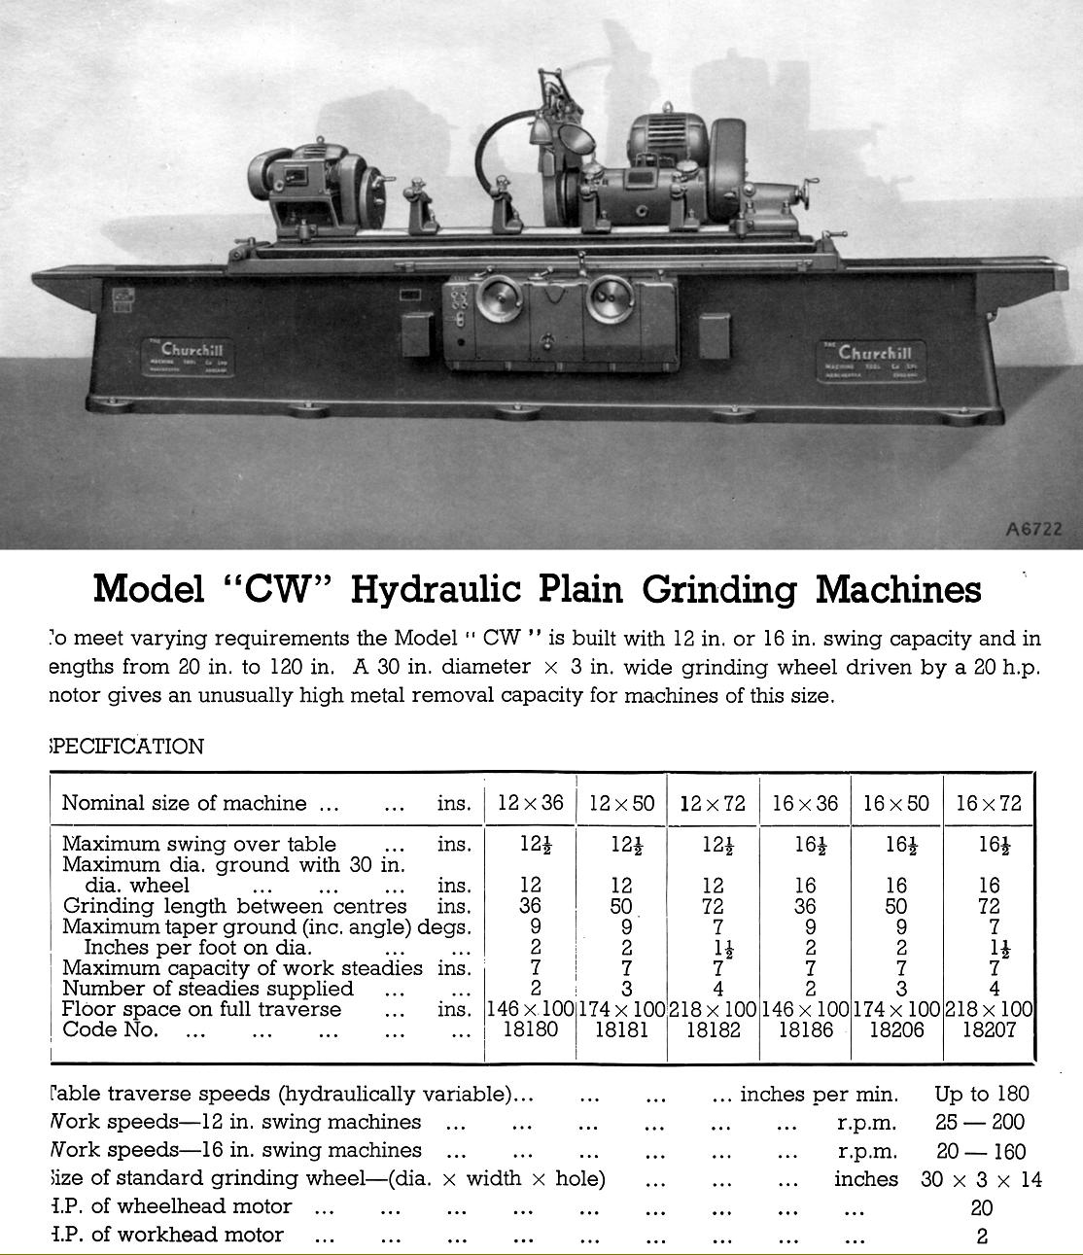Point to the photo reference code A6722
coord(1033,530)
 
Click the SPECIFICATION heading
coord(126,747)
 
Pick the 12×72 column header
coord(713,804)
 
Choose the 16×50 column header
coord(896,804)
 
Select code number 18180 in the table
coord(531,1028)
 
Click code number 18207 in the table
coord(990,1029)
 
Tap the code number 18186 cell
coord(805,1029)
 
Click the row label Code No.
coord(110,1029)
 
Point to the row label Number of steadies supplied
coord(207,989)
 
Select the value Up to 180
coord(982,1094)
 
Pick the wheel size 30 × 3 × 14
coord(981,1179)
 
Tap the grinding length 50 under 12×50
coord(621,906)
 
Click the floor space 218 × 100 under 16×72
coord(989,1009)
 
